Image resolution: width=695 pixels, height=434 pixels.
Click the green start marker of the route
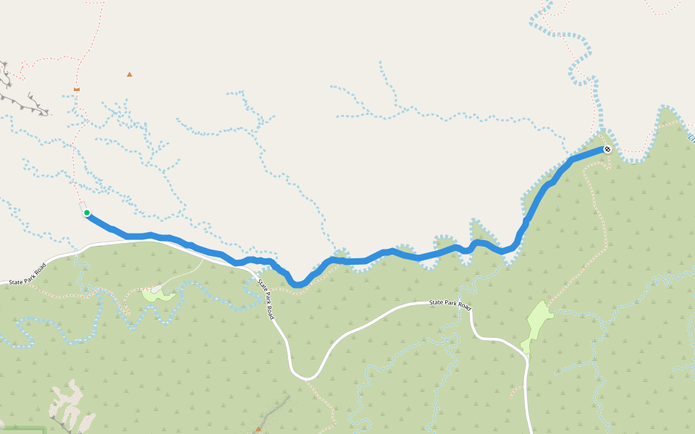pos(87,213)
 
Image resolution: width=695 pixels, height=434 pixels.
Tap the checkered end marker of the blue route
pos(607,150)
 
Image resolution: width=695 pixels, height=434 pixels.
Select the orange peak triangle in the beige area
pos(130,74)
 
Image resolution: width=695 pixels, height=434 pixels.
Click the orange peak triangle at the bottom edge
pos(258,429)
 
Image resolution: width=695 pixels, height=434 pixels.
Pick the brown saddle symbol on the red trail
pos(77,89)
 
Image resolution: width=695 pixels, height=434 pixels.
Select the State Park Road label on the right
pos(450,304)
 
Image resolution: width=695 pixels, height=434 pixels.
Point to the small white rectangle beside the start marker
pos(82,205)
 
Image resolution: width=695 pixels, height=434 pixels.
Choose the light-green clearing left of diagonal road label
pos(157,294)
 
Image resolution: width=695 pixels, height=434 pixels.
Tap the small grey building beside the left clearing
pos(156,289)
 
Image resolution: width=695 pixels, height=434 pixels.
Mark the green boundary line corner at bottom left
pos(43,429)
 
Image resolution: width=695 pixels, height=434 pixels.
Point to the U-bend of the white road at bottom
pos(307,377)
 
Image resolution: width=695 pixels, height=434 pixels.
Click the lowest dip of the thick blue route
pos(298,284)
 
